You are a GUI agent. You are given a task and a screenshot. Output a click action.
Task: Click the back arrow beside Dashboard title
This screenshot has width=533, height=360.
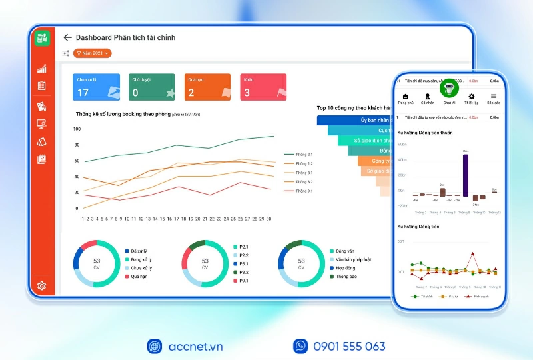pyautogui.click(x=67, y=38)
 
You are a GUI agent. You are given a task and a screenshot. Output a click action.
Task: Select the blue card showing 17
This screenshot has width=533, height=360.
pyautogui.click(x=97, y=87)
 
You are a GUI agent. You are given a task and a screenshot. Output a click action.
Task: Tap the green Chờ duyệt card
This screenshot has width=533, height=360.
pyautogui.click(x=152, y=87)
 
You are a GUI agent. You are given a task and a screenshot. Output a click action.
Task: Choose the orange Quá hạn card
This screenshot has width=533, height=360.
pyautogui.click(x=207, y=87)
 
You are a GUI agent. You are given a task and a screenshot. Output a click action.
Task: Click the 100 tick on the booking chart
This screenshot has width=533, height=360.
pyautogui.click(x=77, y=129)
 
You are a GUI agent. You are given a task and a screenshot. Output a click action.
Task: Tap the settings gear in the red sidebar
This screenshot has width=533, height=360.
pyautogui.click(x=42, y=286)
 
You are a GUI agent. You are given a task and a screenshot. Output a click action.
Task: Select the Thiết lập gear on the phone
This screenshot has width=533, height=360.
pyautogui.click(x=472, y=99)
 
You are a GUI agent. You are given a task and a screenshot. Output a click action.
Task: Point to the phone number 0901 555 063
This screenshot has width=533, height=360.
pyautogui.click(x=348, y=346)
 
